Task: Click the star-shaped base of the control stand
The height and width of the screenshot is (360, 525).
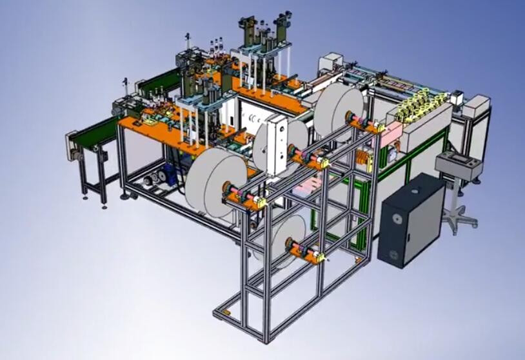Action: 459,219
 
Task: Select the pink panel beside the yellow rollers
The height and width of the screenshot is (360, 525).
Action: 391,133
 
